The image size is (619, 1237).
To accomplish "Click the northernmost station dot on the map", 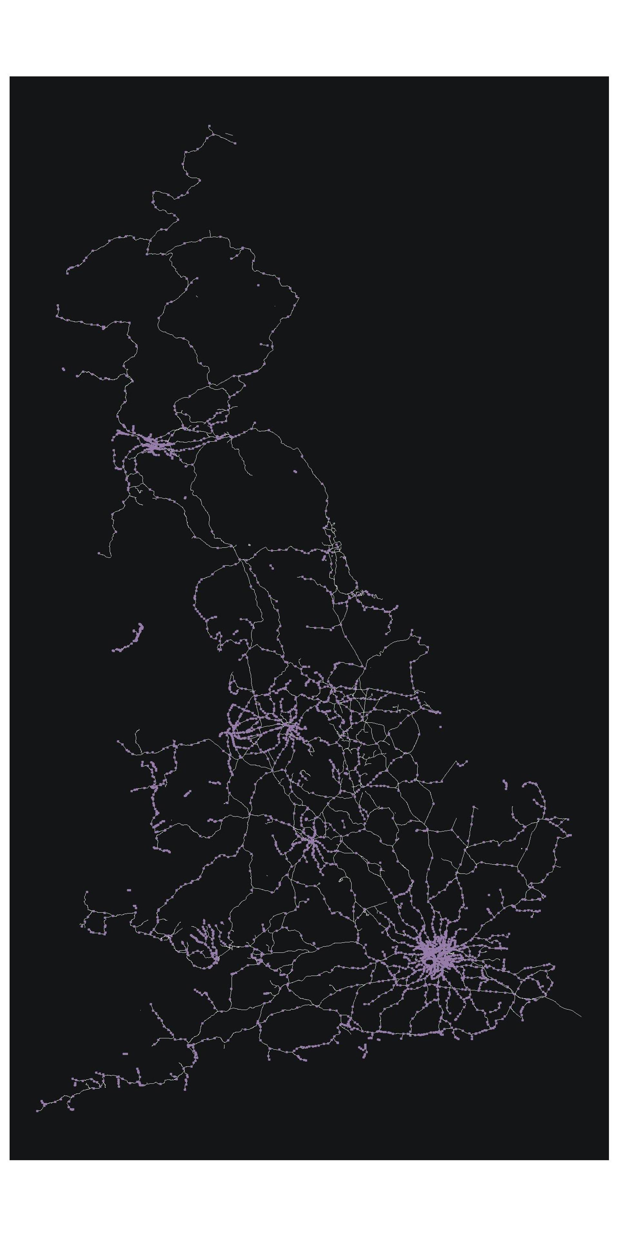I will [x=210, y=126].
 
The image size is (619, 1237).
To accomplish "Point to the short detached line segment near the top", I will [x=229, y=134].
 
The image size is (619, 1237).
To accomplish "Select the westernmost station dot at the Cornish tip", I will [x=37, y=1111].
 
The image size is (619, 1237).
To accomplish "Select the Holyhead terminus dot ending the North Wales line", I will [x=118, y=741].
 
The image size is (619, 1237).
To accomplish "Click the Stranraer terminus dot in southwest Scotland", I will [x=99, y=553].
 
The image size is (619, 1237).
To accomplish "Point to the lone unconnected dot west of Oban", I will [x=64, y=369].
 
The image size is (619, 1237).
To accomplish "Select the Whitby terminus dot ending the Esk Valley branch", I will [x=397, y=607].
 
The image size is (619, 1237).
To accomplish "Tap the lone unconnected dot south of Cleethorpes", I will [x=440, y=726].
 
